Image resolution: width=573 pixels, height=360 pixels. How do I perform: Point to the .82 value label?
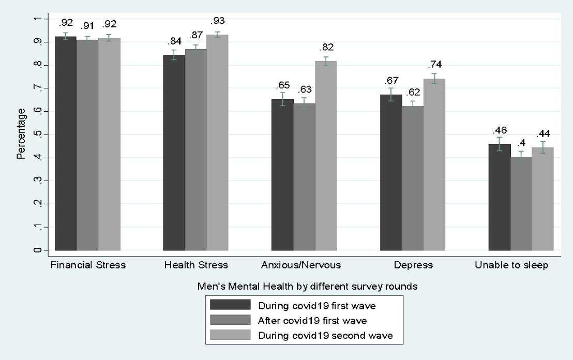point(326,47)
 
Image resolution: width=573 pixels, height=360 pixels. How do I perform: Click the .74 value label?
point(434,65)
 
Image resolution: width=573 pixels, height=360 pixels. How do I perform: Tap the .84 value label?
point(174,41)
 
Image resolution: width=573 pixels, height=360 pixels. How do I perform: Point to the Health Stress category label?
point(195,265)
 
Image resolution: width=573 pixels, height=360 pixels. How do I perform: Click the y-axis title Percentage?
point(21,134)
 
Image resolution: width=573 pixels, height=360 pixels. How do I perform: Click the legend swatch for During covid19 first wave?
point(229,305)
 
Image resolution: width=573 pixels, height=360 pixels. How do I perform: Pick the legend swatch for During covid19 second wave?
point(229,335)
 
